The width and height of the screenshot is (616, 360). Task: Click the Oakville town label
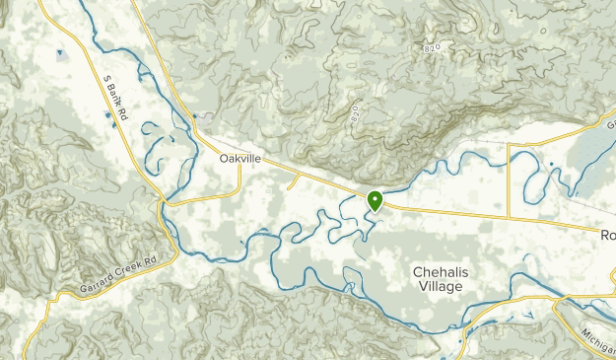pyautogui.click(x=241, y=158)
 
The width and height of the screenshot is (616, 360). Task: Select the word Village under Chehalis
pyautogui.click(x=440, y=287)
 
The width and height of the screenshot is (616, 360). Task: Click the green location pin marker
pyautogui.click(x=375, y=199)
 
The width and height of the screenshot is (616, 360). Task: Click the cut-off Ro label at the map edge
pyautogui.click(x=607, y=236)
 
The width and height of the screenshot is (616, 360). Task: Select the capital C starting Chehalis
pyautogui.click(x=418, y=270)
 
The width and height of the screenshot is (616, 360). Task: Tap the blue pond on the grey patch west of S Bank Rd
pyautogui.click(x=60, y=52)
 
